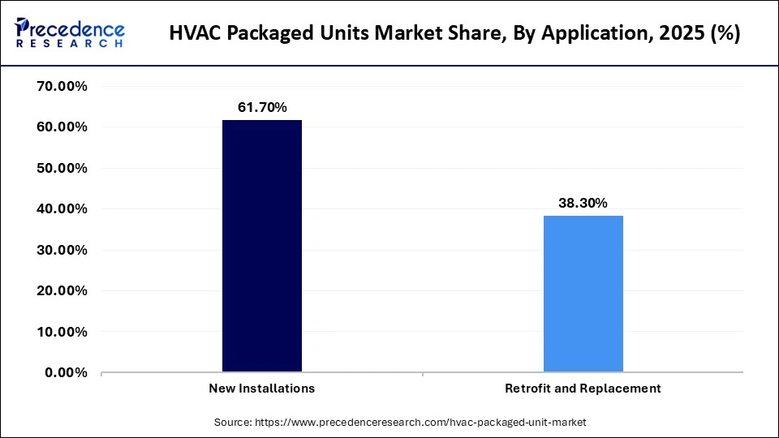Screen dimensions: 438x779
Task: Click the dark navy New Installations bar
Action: point(262,246)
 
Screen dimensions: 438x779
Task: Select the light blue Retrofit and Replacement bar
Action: point(583,294)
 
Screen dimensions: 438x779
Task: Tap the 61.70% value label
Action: point(262,107)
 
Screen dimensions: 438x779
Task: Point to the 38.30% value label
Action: point(583,204)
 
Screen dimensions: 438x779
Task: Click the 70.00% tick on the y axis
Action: point(62,86)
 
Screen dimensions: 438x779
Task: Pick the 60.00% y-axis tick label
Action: point(62,127)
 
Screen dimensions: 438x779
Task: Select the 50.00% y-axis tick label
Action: point(62,168)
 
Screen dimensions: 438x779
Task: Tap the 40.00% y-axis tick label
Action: point(62,209)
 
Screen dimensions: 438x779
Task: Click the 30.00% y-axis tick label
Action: point(62,250)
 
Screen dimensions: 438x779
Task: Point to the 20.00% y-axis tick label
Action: point(62,290)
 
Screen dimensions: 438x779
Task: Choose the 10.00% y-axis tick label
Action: point(62,332)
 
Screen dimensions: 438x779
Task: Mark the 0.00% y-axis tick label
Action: point(66,372)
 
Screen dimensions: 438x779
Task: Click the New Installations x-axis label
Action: point(261,389)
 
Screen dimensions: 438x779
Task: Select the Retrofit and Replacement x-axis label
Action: point(583,389)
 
